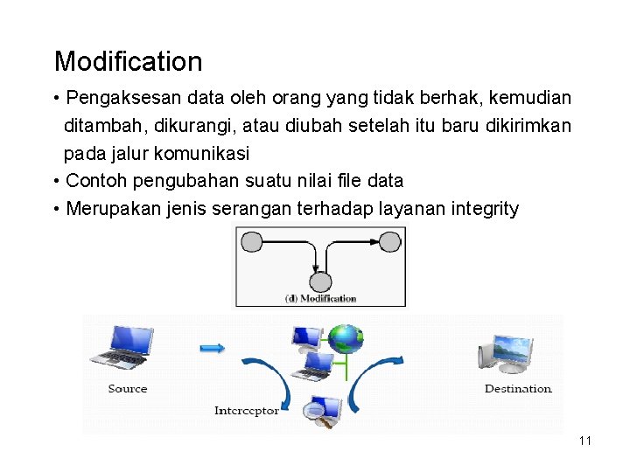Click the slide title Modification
tap(128, 62)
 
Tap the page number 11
tap(585, 441)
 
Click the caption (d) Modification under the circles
tap(321, 298)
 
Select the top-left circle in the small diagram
tap(252, 241)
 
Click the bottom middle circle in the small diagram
tap(320, 281)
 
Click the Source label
tap(128, 389)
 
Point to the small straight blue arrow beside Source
tap(212, 349)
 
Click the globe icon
tap(346, 337)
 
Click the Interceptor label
tap(247, 410)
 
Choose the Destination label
tap(518, 389)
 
